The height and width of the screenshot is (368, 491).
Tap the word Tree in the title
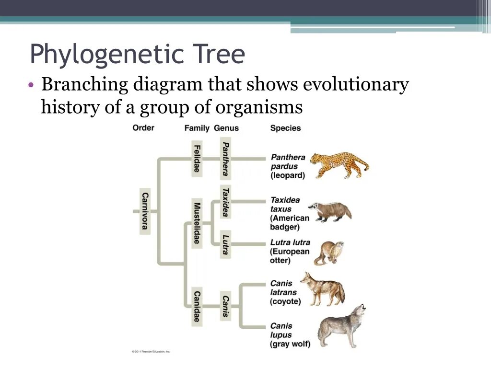point(219,55)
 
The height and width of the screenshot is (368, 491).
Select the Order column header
point(143,128)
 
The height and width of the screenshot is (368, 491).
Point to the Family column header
point(197,128)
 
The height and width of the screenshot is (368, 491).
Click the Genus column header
point(226,128)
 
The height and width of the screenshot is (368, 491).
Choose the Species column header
point(285,128)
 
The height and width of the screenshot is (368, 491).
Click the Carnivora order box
point(145,210)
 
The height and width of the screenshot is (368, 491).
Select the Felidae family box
point(197,158)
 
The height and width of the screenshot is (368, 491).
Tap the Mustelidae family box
point(197,223)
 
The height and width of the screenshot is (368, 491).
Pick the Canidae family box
point(197,307)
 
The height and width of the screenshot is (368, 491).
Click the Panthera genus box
point(225,159)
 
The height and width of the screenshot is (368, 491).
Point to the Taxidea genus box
point(225,201)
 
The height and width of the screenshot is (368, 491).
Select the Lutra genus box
point(225,244)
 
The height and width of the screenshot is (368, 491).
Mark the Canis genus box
point(225,306)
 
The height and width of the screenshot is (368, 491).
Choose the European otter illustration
point(329,253)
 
